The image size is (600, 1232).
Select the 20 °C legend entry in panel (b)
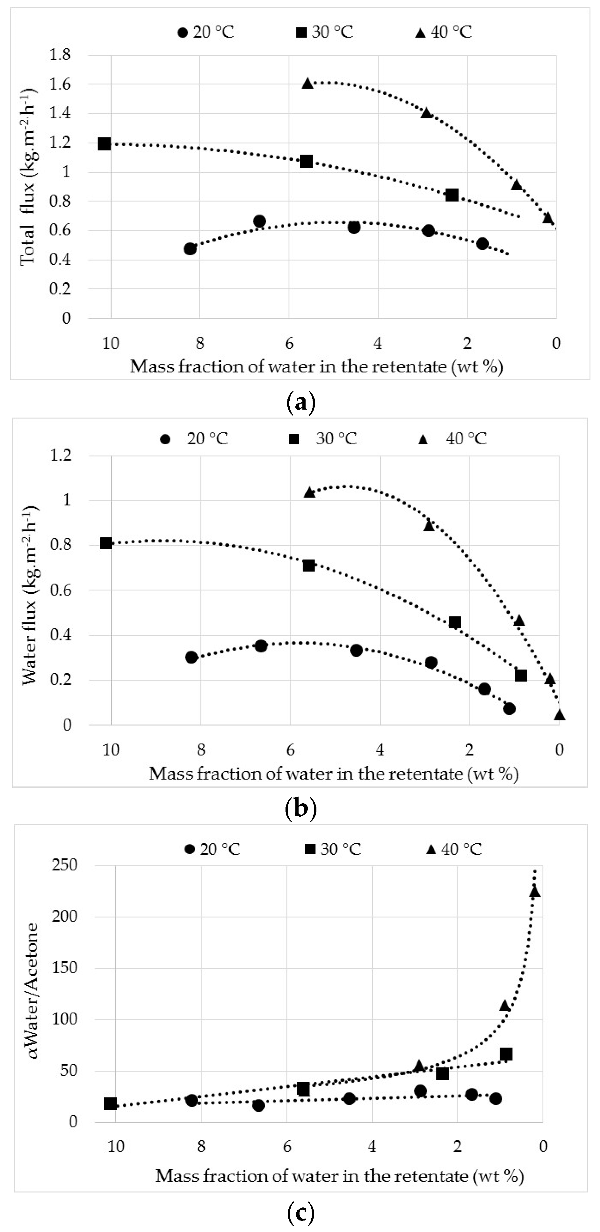click(x=195, y=439)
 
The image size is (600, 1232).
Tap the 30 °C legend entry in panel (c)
click(x=333, y=849)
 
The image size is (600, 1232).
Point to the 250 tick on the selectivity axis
click(x=65, y=865)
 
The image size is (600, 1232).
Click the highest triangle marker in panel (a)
click(x=307, y=83)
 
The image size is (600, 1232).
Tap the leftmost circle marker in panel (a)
click(x=190, y=249)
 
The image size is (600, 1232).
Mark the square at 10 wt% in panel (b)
click(x=106, y=543)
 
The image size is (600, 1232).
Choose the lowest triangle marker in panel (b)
click(x=559, y=715)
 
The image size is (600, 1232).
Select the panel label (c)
click(x=300, y=1213)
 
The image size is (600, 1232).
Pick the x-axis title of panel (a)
click(x=316, y=367)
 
